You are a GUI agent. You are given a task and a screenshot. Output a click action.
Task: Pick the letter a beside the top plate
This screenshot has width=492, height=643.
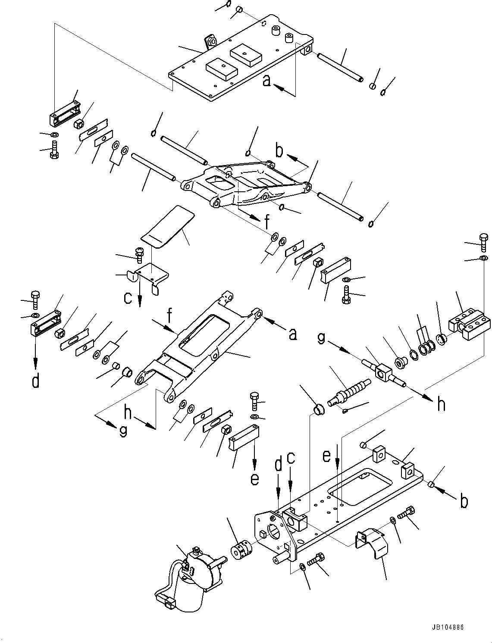(267, 81)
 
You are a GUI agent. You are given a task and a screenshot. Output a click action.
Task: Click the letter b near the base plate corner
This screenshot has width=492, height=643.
(464, 502)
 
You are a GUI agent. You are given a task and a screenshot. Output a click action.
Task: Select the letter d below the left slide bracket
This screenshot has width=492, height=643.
(36, 381)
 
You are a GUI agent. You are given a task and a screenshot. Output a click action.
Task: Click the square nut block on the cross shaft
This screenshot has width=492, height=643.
(384, 372)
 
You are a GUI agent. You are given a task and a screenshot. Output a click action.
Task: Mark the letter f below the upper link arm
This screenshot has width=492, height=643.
(267, 222)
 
